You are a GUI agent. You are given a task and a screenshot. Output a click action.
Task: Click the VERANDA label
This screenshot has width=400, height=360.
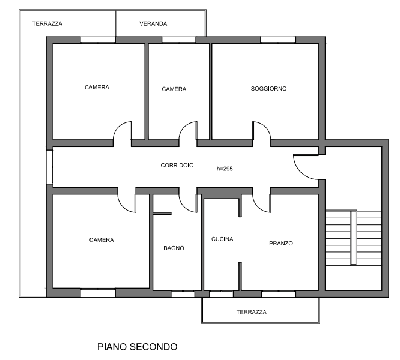click(153, 23)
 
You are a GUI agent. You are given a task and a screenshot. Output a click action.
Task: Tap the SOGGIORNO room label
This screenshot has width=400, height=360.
click(268, 89)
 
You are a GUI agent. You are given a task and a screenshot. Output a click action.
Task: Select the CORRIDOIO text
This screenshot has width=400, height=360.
click(177, 166)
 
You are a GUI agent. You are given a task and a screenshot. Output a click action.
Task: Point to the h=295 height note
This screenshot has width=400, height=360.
click(225, 169)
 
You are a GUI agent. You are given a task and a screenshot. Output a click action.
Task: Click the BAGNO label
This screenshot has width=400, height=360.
click(174, 248)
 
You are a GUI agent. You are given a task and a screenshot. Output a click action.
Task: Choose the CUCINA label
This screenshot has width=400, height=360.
click(222, 239)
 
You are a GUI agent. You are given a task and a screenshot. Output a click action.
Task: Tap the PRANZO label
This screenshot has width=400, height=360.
click(281, 244)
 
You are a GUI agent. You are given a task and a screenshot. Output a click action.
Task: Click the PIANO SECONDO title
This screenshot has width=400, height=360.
click(138, 347)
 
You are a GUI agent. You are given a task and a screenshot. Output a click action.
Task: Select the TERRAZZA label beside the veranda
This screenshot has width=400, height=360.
click(47, 23)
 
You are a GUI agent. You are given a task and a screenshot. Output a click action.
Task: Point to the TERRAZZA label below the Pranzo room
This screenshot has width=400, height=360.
click(251, 312)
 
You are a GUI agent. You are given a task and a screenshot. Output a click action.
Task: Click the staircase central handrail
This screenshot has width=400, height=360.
click(353, 238)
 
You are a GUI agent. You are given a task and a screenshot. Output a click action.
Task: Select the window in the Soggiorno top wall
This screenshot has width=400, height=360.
click(278, 40)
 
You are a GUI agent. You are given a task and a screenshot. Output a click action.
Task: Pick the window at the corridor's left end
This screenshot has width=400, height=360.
click(49, 167)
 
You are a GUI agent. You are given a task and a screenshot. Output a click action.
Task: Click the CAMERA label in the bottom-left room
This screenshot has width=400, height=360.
click(102, 240)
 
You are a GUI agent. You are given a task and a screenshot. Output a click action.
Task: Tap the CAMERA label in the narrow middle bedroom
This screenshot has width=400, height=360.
click(174, 89)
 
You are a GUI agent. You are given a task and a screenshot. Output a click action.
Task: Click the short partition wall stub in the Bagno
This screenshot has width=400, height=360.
click(162, 214)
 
